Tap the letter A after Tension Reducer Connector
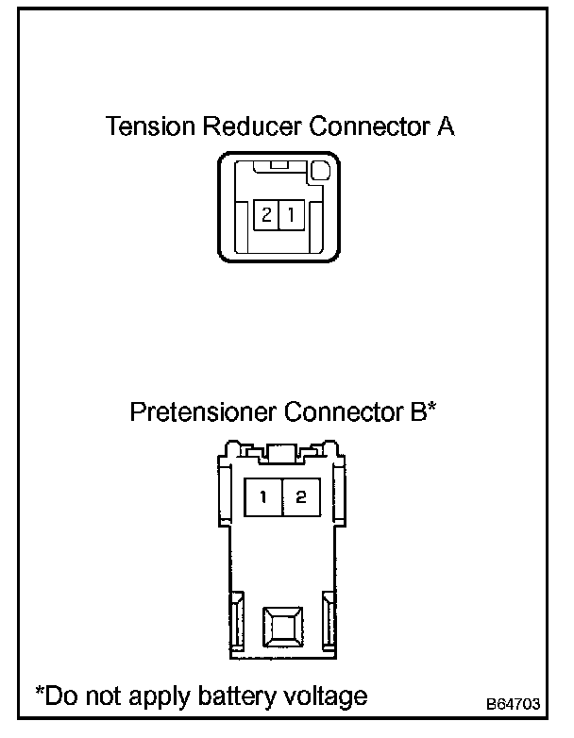[446, 126]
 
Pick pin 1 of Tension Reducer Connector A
[291, 215]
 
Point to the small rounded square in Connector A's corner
[320, 172]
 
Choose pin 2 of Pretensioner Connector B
[300, 498]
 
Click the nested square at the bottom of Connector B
[282, 625]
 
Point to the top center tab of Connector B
[282, 452]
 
